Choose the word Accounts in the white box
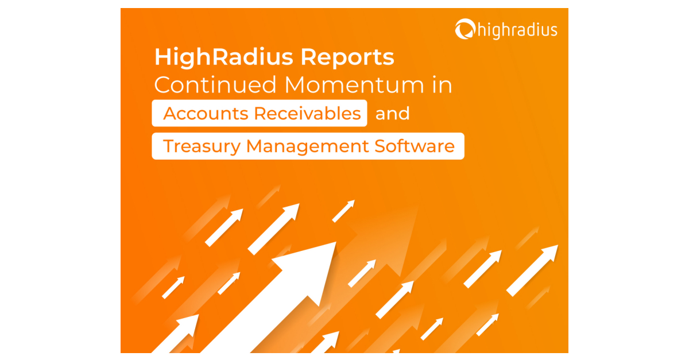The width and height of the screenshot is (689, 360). (205, 114)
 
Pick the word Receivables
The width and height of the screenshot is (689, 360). (308, 114)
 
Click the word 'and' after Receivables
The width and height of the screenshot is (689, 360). (393, 114)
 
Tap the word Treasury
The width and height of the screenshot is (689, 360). (202, 146)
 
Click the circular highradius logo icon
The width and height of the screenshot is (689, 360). (464, 29)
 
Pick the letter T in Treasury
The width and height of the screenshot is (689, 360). (168, 146)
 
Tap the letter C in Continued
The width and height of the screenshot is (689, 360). (162, 85)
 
